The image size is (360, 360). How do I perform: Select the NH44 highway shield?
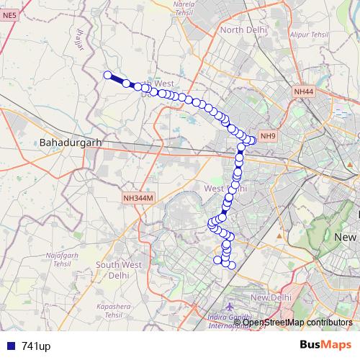click(304, 92)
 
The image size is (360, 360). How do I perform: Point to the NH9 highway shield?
click(268, 136)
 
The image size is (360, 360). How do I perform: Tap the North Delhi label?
click(243, 30)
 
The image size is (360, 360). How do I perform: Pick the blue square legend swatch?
click(11, 346)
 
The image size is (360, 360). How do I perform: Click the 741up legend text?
click(36, 346)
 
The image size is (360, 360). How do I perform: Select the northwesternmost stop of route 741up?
click(108, 75)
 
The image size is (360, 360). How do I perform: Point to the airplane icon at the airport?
click(229, 307)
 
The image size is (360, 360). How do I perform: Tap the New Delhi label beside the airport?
click(270, 297)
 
